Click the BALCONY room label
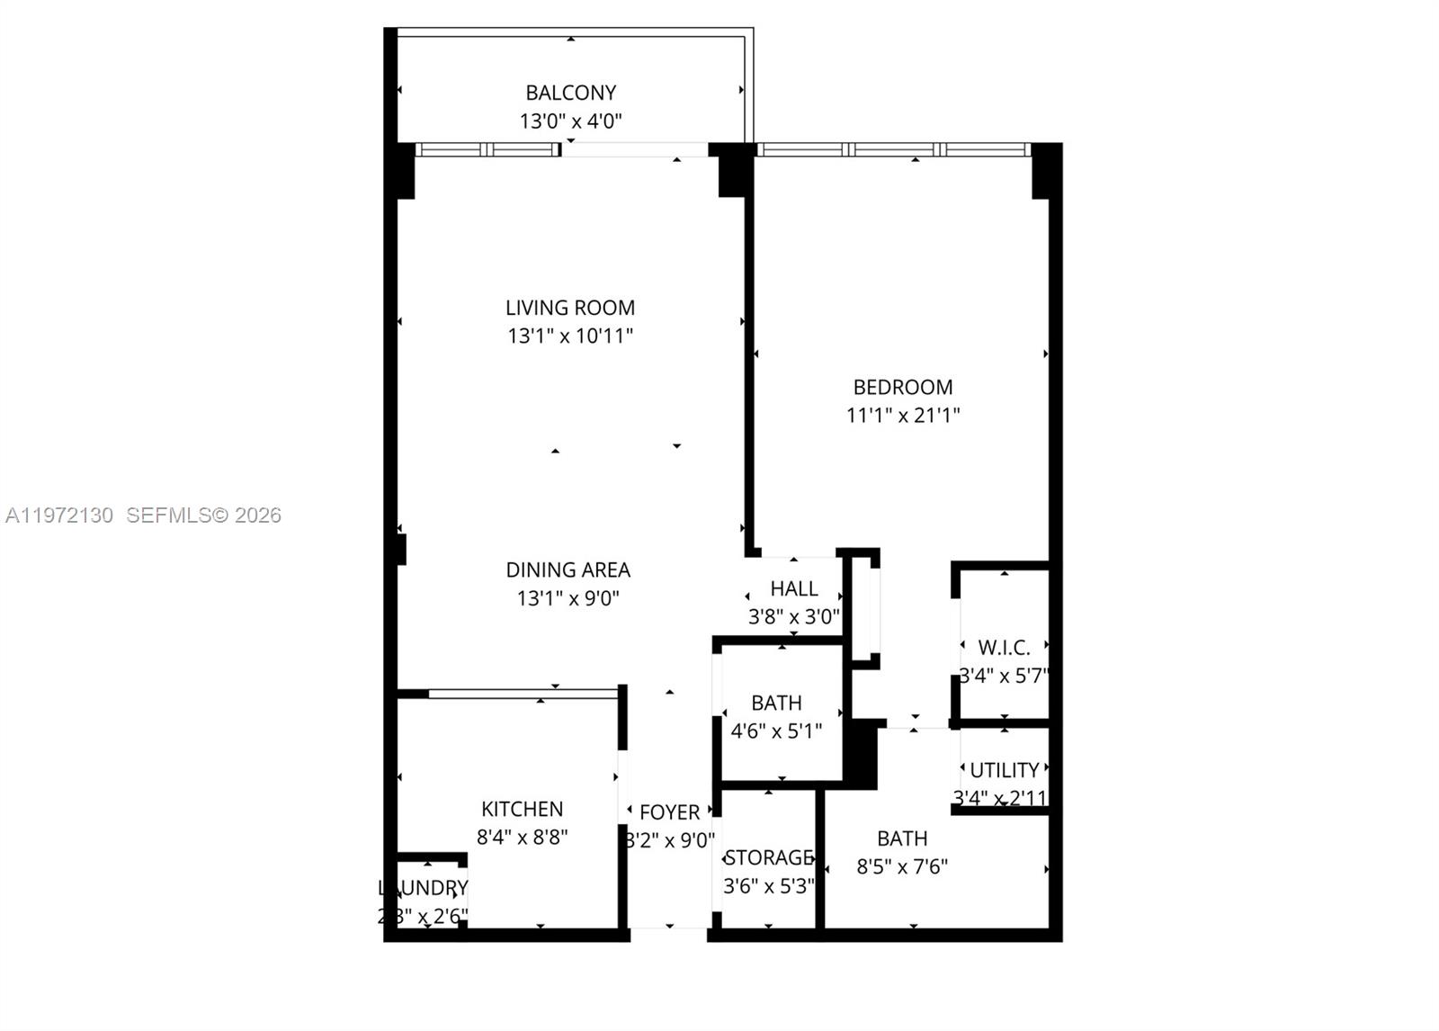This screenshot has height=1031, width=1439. pyautogui.click(x=571, y=93)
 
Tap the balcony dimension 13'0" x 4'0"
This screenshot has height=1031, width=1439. pyautogui.click(x=571, y=121)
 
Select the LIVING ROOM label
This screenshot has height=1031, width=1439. pyautogui.click(x=570, y=308)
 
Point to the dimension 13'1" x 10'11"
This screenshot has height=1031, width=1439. pyautogui.click(x=570, y=336)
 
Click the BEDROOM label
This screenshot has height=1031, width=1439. pyautogui.click(x=903, y=388)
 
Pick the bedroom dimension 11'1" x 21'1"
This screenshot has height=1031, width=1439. pyautogui.click(x=903, y=416)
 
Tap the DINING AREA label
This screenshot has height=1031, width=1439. pyautogui.click(x=568, y=570)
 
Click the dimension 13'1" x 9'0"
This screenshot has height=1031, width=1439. pyautogui.click(x=568, y=598)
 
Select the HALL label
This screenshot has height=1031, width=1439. pyautogui.click(x=794, y=589)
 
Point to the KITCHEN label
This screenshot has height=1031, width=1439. pyautogui.click(x=523, y=810)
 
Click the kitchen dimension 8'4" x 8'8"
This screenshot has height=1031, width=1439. pyautogui.click(x=523, y=838)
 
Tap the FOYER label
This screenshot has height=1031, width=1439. pyautogui.click(x=670, y=812)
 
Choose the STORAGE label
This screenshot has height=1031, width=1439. pyautogui.click(x=769, y=858)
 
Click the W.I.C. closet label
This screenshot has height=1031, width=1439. pyautogui.click(x=1005, y=648)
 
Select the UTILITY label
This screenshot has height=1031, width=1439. pyautogui.click(x=1005, y=770)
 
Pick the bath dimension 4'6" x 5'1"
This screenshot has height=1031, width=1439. pyautogui.click(x=776, y=731)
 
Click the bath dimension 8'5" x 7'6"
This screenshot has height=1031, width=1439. pyautogui.click(x=902, y=867)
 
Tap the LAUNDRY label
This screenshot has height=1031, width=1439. pyautogui.click(x=424, y=889)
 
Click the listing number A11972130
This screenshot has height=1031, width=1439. pyautogui.click(x=59, y=515)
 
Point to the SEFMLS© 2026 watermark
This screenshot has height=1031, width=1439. pyautogui.click(x=204, y=515)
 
